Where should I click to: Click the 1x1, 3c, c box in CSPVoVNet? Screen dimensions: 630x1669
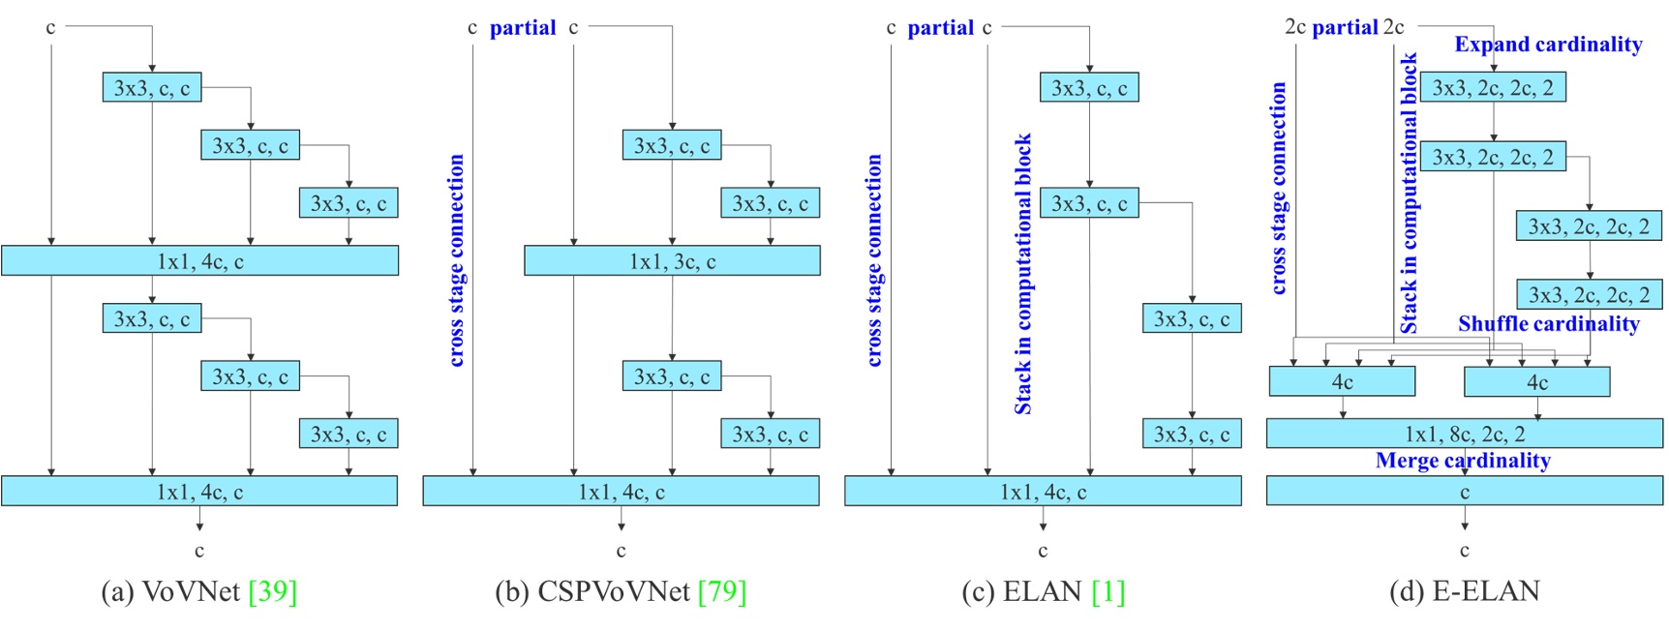tap(672, 261)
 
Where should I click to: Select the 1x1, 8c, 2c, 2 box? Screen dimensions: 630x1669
tap(1464, 434)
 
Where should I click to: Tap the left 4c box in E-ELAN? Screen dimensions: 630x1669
tap(1342, 381)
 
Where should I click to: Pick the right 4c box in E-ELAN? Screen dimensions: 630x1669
tap(1536, 381)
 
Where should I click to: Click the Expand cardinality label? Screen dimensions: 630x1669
tap(1548, 45)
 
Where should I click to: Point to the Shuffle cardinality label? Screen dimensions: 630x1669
tap(1548, 324)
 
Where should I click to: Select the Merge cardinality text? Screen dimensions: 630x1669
tap(1463, 461)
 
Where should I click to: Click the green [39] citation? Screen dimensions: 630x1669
tap(273, 591)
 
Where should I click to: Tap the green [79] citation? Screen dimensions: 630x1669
tap(722, 591)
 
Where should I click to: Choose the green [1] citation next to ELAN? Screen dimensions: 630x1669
tap(1108, 591)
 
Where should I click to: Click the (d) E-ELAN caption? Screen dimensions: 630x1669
tap(1464, 591)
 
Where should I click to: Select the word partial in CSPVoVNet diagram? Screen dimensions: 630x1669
tap(523, 28)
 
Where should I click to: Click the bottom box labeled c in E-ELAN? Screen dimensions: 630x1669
tap(1464, 492)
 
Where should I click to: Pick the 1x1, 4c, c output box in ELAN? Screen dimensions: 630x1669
tap(1043, 492)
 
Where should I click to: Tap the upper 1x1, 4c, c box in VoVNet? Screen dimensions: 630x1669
tap(199, 261)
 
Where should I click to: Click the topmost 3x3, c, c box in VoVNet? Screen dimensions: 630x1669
tap(152, 88)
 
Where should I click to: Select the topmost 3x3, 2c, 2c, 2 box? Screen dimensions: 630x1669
tap(1493, 88)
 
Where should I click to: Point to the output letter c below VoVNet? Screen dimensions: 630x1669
tap(199, 551)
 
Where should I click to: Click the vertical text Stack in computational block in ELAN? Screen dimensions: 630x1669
tap(1023, 274)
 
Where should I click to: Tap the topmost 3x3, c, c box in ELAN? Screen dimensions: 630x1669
tap(1089, 88)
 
